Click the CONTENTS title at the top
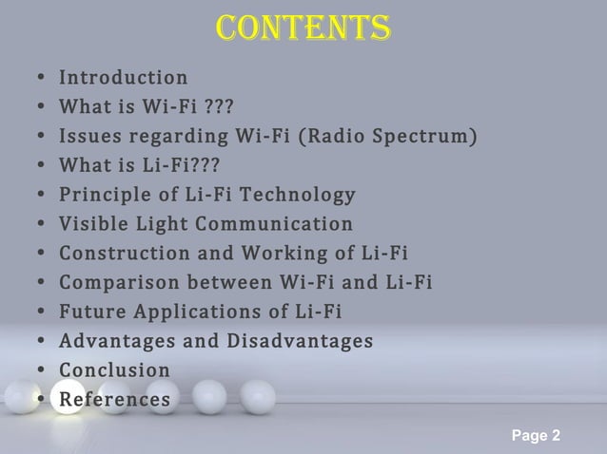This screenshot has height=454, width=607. tap(303, 28)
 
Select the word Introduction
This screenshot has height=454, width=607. tap(124, 77)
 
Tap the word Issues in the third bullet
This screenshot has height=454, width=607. tap(85, 136)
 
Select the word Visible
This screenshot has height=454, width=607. tap(91, 224)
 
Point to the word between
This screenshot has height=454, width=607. tap(228, 283)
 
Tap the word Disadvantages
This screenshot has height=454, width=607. tap(300, 340)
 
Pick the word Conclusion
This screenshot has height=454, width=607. tap(114, 369)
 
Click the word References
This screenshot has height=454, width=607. tap(114, 399)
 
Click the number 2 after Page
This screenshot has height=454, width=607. tap(556, 435)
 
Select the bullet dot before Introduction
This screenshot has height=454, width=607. tap(34, 78)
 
